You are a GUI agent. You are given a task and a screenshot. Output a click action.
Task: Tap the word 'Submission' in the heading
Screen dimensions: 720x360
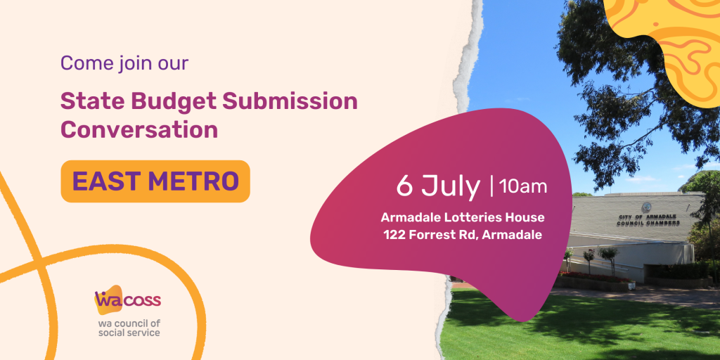pyautogui.click(x=290, y=101)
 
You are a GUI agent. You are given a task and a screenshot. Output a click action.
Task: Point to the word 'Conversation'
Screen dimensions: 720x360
pyautogui.click(x=139, y=130)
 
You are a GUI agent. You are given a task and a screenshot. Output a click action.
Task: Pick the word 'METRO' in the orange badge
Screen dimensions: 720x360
pyautogui.click(x=194, y=181)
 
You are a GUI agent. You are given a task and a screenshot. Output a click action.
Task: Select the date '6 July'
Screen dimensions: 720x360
pyautogui.click(x=438, y=186)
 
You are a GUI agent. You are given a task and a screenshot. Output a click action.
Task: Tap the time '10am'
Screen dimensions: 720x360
pyautogui.click(x=523, y=186)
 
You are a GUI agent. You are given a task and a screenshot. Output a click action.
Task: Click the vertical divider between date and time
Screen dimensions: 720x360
pyautogui.click(x=491, y=186)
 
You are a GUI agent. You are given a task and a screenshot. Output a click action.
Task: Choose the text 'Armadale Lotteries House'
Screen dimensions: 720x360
pyautogui.click(x=463, y=217)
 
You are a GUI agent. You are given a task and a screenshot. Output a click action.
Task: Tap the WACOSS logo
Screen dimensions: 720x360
pyautogui.click(x=127, y=300)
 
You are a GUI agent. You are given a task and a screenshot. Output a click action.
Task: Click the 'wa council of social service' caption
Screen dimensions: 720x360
pyautogui.click(x=129, y=328)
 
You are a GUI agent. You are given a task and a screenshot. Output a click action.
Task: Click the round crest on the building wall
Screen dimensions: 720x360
pyautogui.click(x=647, y=207)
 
